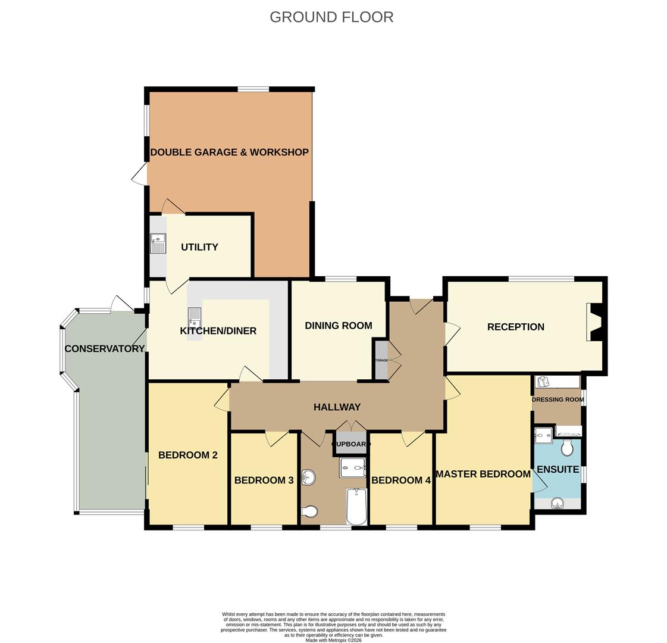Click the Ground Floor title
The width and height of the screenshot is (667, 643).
(x=331, y=17)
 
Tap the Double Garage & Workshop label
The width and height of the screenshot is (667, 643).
(x=229, y=152)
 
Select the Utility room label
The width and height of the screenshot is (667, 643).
(x=199, y=247)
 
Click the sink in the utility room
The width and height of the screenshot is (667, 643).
(x=158, y=243)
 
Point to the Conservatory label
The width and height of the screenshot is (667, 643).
(x=105, y=349)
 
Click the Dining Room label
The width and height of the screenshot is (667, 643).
(x=338, y=326)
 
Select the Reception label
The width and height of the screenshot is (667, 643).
(x=515, y=327)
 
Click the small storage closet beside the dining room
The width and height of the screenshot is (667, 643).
(x=381, y=360)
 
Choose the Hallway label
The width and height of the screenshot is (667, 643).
(x=337, y=407)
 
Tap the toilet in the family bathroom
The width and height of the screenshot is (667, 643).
(x=310, y=511)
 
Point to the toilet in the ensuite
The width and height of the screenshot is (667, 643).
(x=567, y=447)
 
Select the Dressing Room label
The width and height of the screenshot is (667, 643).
(x=558, y=399)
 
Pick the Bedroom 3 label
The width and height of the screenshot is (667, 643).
(x=264, y=480)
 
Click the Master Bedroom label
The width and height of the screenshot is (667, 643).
(x=483, y=474)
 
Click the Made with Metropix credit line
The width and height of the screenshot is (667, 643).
(x=333, y=640)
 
